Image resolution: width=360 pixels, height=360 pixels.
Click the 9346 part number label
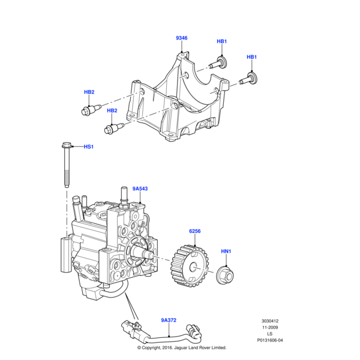tap(181, 38)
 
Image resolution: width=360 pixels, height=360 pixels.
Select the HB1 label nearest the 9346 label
tap(221, 41)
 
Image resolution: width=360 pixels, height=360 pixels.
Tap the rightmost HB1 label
tap(252, 57)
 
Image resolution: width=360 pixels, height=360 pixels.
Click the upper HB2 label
tap(89, 92)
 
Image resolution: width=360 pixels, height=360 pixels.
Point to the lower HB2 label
tap(112, 111)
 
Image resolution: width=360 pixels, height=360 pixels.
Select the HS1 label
tap(89, 146)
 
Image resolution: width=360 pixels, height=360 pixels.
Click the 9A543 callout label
tap(140, 188)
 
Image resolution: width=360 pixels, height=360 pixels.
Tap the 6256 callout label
tap(195, 231)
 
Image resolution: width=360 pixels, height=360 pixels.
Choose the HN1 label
tap(226, 251)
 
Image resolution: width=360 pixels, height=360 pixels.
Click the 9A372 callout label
tap(169, 320)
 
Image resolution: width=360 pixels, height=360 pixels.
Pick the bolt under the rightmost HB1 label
tap(248, 77)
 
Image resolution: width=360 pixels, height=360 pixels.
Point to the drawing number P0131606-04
tap(269, 340)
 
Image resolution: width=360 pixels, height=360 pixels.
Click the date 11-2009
tap(269, 327)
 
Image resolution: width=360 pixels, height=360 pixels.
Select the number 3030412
tap(269, 320)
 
